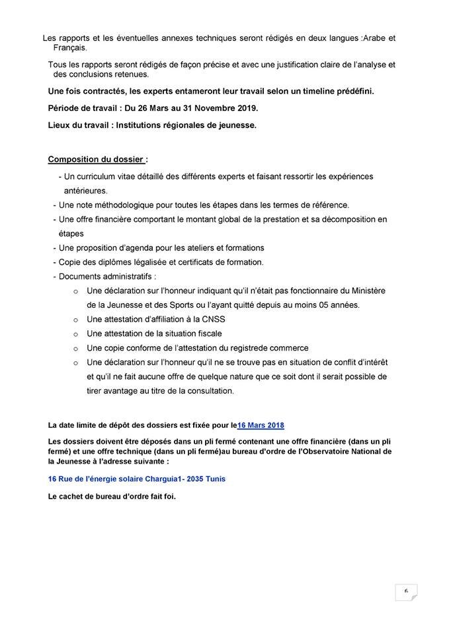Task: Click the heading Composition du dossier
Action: (x=96, y=159)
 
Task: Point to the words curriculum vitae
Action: (x=99, y=176)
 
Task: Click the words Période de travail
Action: (x=80, y=108)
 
